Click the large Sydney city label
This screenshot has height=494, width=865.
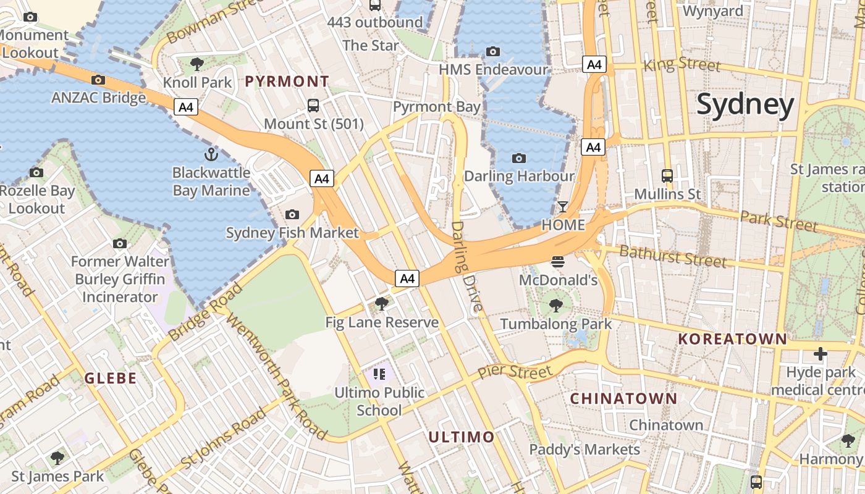click(745, 105)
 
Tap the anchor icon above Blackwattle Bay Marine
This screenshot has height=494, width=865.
click(211, 154)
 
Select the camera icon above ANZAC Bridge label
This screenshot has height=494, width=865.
click(98, 80)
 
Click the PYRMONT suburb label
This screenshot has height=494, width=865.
click(287, 82)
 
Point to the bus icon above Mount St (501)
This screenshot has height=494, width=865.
click(313, 106)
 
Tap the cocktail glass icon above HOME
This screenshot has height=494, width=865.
click(563, 207)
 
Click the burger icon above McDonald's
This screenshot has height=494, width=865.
click(558, 262)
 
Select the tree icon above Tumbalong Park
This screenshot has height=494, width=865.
click(555, 305)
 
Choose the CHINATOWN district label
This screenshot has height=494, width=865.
click(623, 399)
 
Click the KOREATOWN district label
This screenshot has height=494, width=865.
click(733, 339)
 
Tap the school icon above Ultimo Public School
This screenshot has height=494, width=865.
click(379, 374)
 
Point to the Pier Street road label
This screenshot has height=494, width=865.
click(515, 372)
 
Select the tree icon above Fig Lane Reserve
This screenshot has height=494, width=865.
click(382, 303)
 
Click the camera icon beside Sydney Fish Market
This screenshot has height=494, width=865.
click(292, 215)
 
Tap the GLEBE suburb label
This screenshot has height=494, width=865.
click(111, 379)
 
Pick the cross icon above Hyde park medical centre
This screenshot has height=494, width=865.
click(820, 354)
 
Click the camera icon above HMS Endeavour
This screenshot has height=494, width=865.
click(492, 51)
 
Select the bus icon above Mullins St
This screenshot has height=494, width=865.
click(667, 176)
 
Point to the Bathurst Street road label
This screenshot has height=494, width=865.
click(672, 256)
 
